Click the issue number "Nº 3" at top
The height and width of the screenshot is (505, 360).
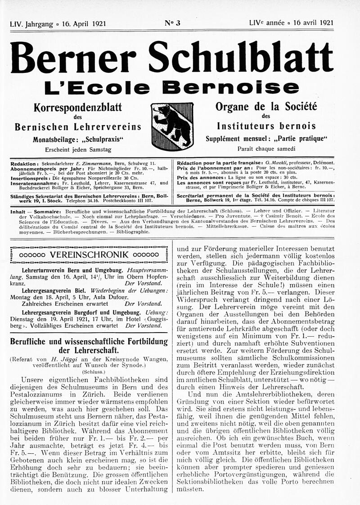[x=172, y=23]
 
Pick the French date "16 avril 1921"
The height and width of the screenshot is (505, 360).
[x=313, y=23]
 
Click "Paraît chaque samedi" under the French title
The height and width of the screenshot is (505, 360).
[x=266, y=149]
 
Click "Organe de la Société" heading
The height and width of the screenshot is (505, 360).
[x=266, y=107]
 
